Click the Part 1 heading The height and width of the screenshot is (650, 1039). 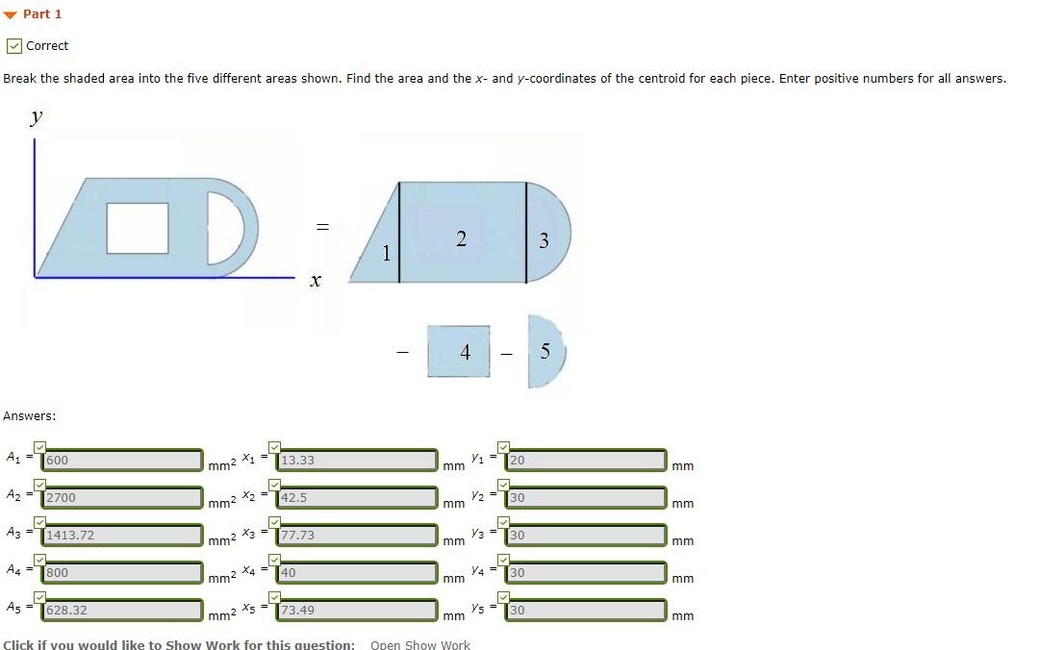(x=41, y=13)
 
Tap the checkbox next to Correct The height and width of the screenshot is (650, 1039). (x=13, y=46)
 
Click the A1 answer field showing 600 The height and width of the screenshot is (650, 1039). (x=122, y=461)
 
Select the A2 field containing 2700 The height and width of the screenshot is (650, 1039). (x=122, y=498)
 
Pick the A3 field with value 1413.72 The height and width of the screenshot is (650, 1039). (x=122, y=536)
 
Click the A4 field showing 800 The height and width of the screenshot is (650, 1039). (x=122, y=573)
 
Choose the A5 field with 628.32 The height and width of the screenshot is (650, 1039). (x=122, y=611)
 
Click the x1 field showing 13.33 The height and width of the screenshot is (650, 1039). (x=356, y=461)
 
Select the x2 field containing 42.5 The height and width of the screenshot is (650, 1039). (x=356, y=498)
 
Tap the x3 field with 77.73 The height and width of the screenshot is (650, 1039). (x=356, y=536)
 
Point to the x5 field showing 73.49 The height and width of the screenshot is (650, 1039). (x=356, y=611)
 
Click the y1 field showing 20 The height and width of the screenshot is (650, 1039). (x=585, y=461)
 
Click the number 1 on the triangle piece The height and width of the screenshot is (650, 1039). (x=386, y=254)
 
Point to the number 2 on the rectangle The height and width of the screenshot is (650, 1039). (x=461, y=239)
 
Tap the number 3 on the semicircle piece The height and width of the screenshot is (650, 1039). (x=544, y=241)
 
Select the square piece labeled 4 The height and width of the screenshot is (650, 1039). (x=465, y=352)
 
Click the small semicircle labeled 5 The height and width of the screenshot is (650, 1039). (x=545, y=351)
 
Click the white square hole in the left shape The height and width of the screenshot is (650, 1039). (x=138, y=228)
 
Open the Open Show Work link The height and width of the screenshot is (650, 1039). (x=420, y=644)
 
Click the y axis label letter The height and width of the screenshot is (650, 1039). (x=37, y=117)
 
